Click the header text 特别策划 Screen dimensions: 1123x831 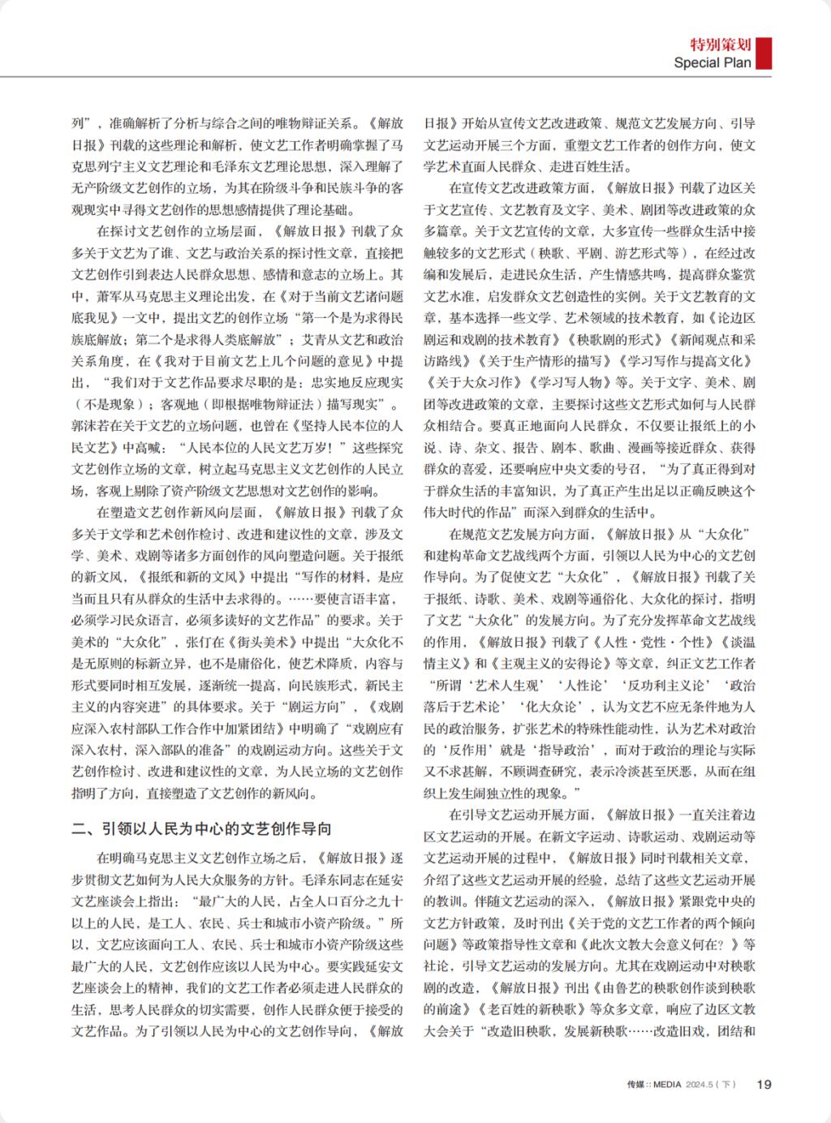click(720, 45)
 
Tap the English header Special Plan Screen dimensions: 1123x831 click(713, 62)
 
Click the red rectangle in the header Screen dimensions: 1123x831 click(764, 53)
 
